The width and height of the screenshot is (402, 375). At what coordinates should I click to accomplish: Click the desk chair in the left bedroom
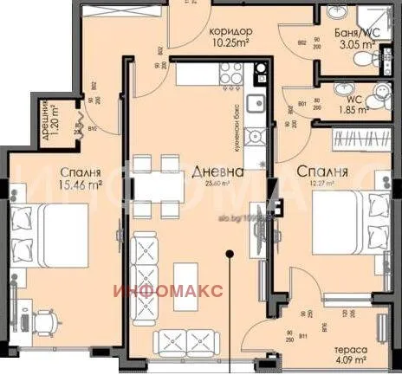pos(45,320)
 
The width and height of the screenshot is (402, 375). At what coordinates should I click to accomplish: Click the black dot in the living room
pos(229,254)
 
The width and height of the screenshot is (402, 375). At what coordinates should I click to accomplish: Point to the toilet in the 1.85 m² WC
pos(378,97)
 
